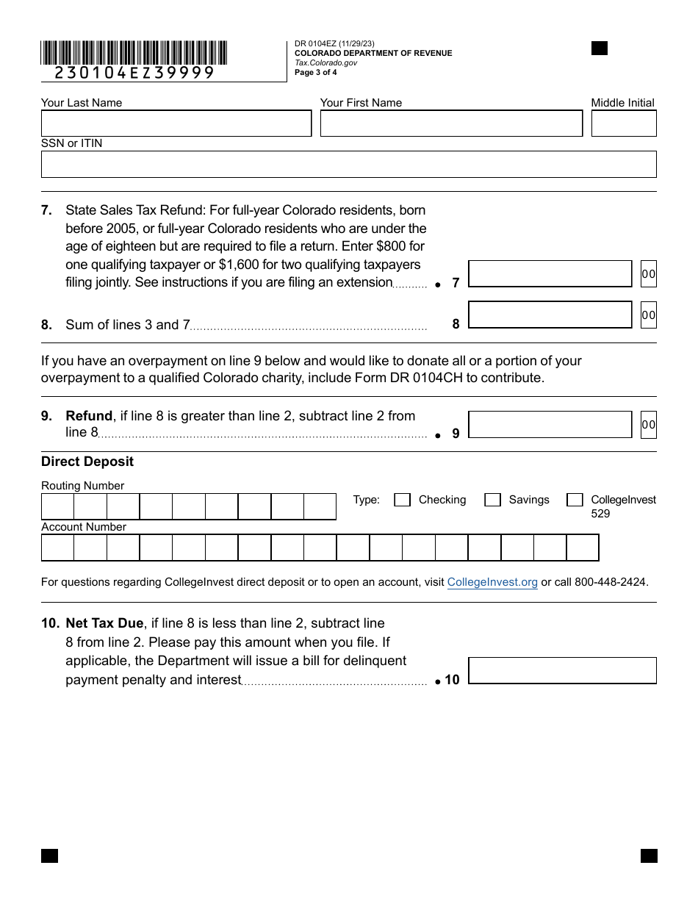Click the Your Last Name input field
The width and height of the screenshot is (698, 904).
tap(176, 123)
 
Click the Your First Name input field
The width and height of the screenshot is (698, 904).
tap(451, 123)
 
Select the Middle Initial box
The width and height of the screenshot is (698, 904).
tap(623, 123)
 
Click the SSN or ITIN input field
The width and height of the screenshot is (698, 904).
tap(348, 164)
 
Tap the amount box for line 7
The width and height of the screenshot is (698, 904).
tap(550, 274)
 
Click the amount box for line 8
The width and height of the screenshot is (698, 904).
tap(550, 315)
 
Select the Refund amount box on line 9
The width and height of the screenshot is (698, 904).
tap(550, 424)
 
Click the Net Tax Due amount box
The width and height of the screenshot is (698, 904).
tap(562, 670)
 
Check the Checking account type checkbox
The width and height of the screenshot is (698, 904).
tap(402, 500)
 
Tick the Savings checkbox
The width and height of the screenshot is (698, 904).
tap(492, 500)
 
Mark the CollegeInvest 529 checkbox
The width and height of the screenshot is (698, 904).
tap(575, 500)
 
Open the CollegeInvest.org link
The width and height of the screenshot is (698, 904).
tap(492, 582)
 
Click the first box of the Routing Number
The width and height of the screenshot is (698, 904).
tap(57, 506)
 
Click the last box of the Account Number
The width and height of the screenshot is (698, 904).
tap(582, 548)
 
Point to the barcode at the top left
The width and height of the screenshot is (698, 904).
tap(134, 53)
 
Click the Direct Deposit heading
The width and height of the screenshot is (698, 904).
tap(87, 462)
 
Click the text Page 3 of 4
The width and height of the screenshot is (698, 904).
tap(316, 72)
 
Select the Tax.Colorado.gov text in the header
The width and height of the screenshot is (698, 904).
tap(325, 62)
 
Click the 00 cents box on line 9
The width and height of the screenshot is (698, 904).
tap(648, 425)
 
